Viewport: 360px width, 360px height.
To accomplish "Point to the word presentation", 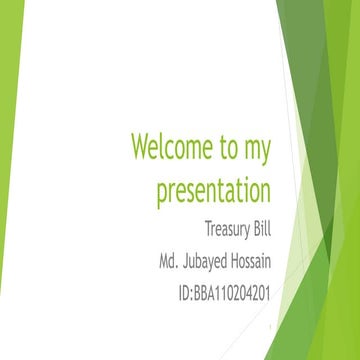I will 213,191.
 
